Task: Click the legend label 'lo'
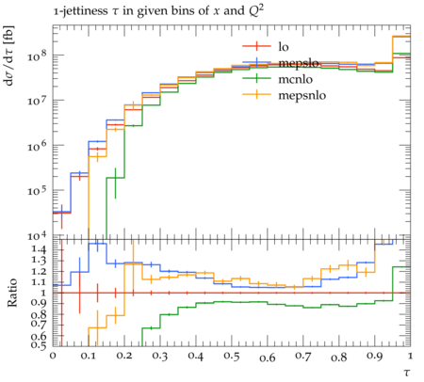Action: pos(284,47)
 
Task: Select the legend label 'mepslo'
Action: pos(299,63)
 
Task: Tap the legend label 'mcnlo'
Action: pos(296,79)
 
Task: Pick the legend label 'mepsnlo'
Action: pos(302,95)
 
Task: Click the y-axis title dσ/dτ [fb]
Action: pos(8,56)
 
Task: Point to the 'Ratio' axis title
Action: pos(11,293)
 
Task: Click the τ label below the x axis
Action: pos(407,373)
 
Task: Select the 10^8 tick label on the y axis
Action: pos(37,56)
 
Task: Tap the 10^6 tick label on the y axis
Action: pos(37,146)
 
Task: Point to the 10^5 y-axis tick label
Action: pos(37,191)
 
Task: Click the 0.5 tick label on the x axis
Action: pos(232,357)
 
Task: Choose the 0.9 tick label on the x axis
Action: pos(375,357)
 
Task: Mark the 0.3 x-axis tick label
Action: pos(160,357)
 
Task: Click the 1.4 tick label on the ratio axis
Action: pos(39,249)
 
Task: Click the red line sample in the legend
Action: pos(256,46)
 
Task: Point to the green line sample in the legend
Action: pos(256,78)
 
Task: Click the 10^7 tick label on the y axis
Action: pos(37,102)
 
